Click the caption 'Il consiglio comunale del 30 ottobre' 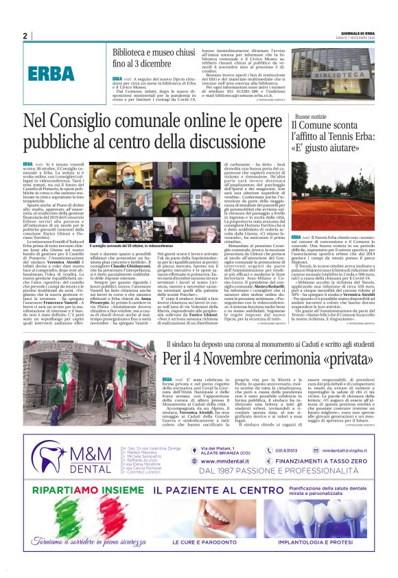pos(130,246)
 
